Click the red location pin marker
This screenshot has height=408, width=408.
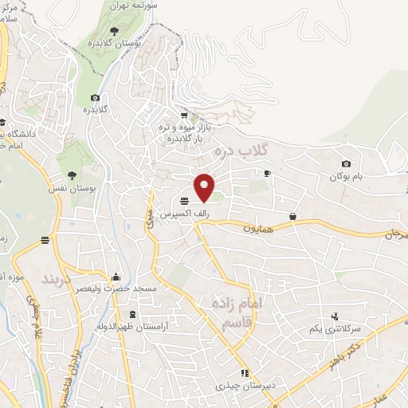[x=205, y=186]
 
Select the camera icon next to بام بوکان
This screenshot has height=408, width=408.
[x=346, y=164]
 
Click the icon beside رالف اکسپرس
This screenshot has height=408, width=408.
[x=184, y=201]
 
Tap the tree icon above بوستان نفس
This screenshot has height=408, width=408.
[x=74, y=175]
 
